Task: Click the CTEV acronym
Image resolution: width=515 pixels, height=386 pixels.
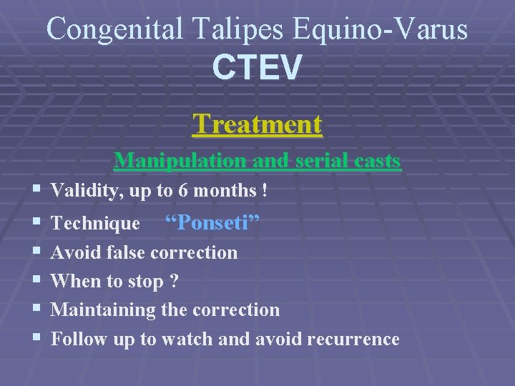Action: click(x=257, y=68)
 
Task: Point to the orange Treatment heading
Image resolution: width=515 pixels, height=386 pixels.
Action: click(x=257, y=124)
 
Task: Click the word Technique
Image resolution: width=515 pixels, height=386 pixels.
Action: click(x=95, y=224)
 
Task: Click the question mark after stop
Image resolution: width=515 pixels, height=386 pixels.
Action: click(x=174, y=281)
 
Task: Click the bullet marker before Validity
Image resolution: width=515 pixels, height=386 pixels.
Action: click(x=36, y=191)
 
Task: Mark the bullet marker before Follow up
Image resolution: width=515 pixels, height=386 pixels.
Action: click(x=36, y=339)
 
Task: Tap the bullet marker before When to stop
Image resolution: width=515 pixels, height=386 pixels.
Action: click(x=36, y=281)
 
